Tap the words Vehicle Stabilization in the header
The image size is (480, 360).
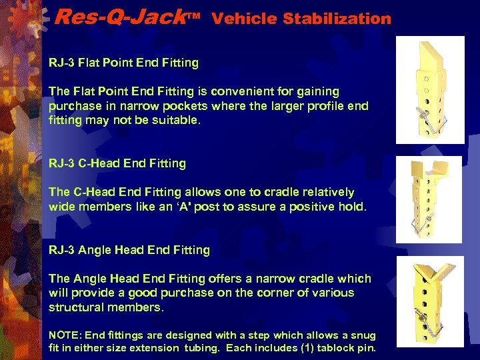(301, 19)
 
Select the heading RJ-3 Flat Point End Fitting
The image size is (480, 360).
(123, 63)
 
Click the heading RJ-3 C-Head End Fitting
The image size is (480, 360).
(117, 163)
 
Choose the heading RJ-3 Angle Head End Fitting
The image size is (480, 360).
(129, 250)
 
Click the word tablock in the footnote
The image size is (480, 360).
(325, 348)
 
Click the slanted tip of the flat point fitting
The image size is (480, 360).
(434, 54)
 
